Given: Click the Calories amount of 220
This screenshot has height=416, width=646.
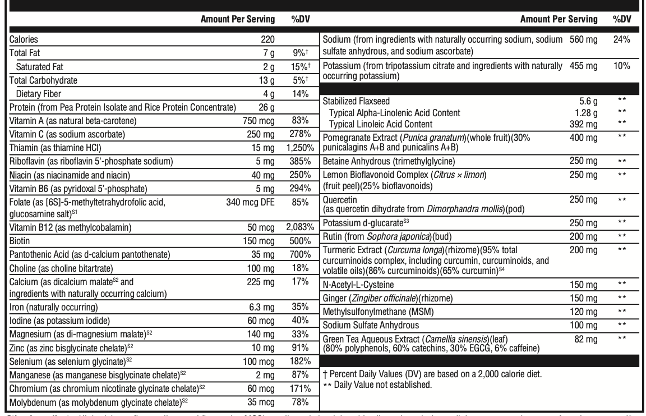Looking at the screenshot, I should point(267,40).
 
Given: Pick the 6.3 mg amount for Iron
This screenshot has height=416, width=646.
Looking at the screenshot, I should point(264,307).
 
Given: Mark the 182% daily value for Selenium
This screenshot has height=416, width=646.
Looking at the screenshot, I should point(301,360).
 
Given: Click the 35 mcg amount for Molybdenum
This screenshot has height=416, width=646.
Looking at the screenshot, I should point(262,401).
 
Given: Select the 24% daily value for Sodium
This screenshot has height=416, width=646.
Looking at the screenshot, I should point(621,40).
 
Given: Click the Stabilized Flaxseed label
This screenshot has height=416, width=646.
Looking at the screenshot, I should point(358,100).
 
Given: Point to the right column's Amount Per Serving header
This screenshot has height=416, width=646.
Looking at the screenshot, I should point(559,19).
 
